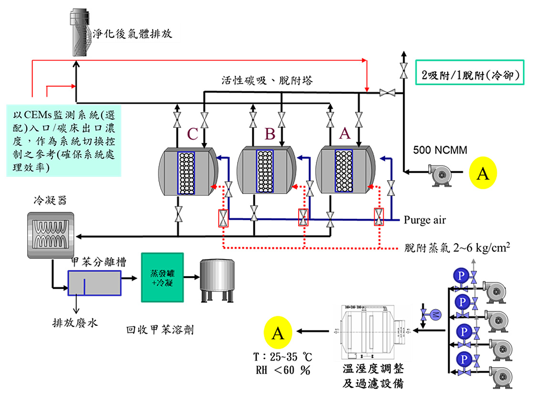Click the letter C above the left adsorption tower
[192, 134]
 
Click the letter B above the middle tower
[270, 134]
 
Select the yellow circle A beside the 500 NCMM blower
[483, 173]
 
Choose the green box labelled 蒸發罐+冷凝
[162, 277]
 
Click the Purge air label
[425, 220]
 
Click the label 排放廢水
[75, 323]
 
